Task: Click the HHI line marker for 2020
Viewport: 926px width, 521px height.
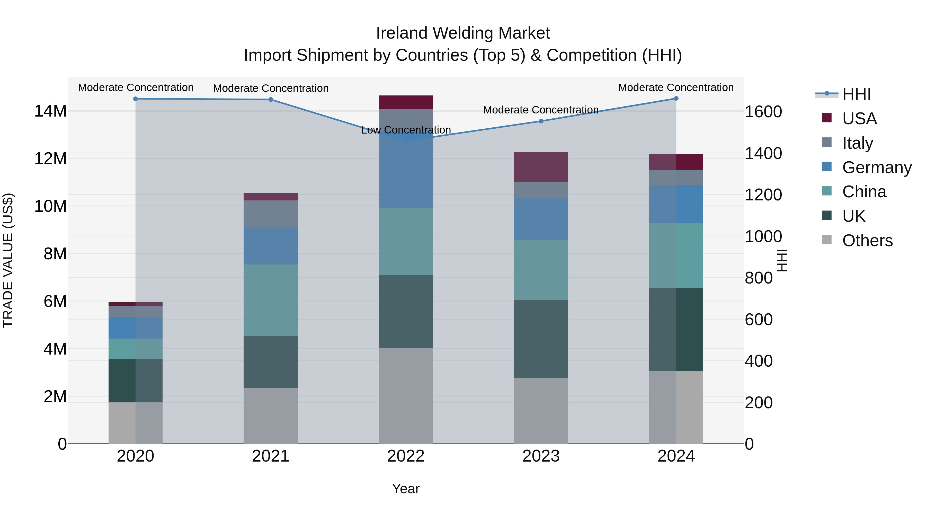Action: point(136,99)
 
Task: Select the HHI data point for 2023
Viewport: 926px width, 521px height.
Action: point(541,121)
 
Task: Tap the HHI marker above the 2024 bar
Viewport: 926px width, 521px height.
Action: point(676,99)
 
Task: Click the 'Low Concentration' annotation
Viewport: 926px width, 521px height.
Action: point(406,130)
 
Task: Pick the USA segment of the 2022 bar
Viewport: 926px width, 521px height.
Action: point(406,102)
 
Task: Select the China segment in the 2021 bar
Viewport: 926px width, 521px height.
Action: point(271,300)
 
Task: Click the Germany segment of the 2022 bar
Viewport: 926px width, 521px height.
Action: point(406,173)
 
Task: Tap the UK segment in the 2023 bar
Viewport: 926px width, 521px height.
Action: point(541,339)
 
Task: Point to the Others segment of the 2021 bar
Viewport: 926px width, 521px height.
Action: point(271,416)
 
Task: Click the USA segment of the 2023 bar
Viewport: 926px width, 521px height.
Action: point(541,167)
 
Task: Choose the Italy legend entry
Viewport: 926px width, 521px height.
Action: point(857,143)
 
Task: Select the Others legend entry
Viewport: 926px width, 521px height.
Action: point(867,241)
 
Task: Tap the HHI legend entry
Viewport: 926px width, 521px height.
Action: point(856,94)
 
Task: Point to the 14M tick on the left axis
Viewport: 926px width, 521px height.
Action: point(50,111)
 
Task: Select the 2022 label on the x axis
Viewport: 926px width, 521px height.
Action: point(406,456)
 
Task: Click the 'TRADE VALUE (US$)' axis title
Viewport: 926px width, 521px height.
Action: point(8,260)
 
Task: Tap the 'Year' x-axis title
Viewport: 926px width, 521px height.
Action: point(406,489)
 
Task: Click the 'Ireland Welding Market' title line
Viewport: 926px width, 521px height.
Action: point(463,33)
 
